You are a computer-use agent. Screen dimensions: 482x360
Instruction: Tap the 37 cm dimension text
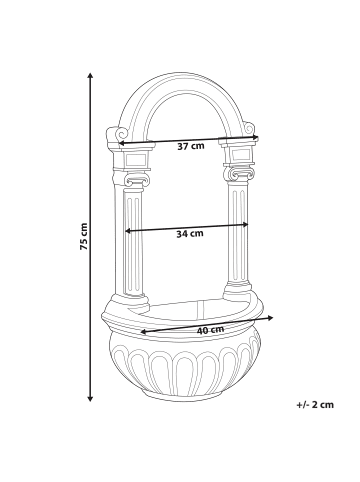[191, 146]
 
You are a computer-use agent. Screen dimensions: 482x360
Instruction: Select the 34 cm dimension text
[189, 233]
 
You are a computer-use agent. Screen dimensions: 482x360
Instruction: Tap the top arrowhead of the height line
[92, 75]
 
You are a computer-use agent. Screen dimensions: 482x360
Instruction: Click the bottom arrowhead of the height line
[92, 398]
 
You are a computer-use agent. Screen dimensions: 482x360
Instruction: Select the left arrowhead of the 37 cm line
[121, 143]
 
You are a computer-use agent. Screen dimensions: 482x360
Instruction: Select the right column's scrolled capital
[239, 175]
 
